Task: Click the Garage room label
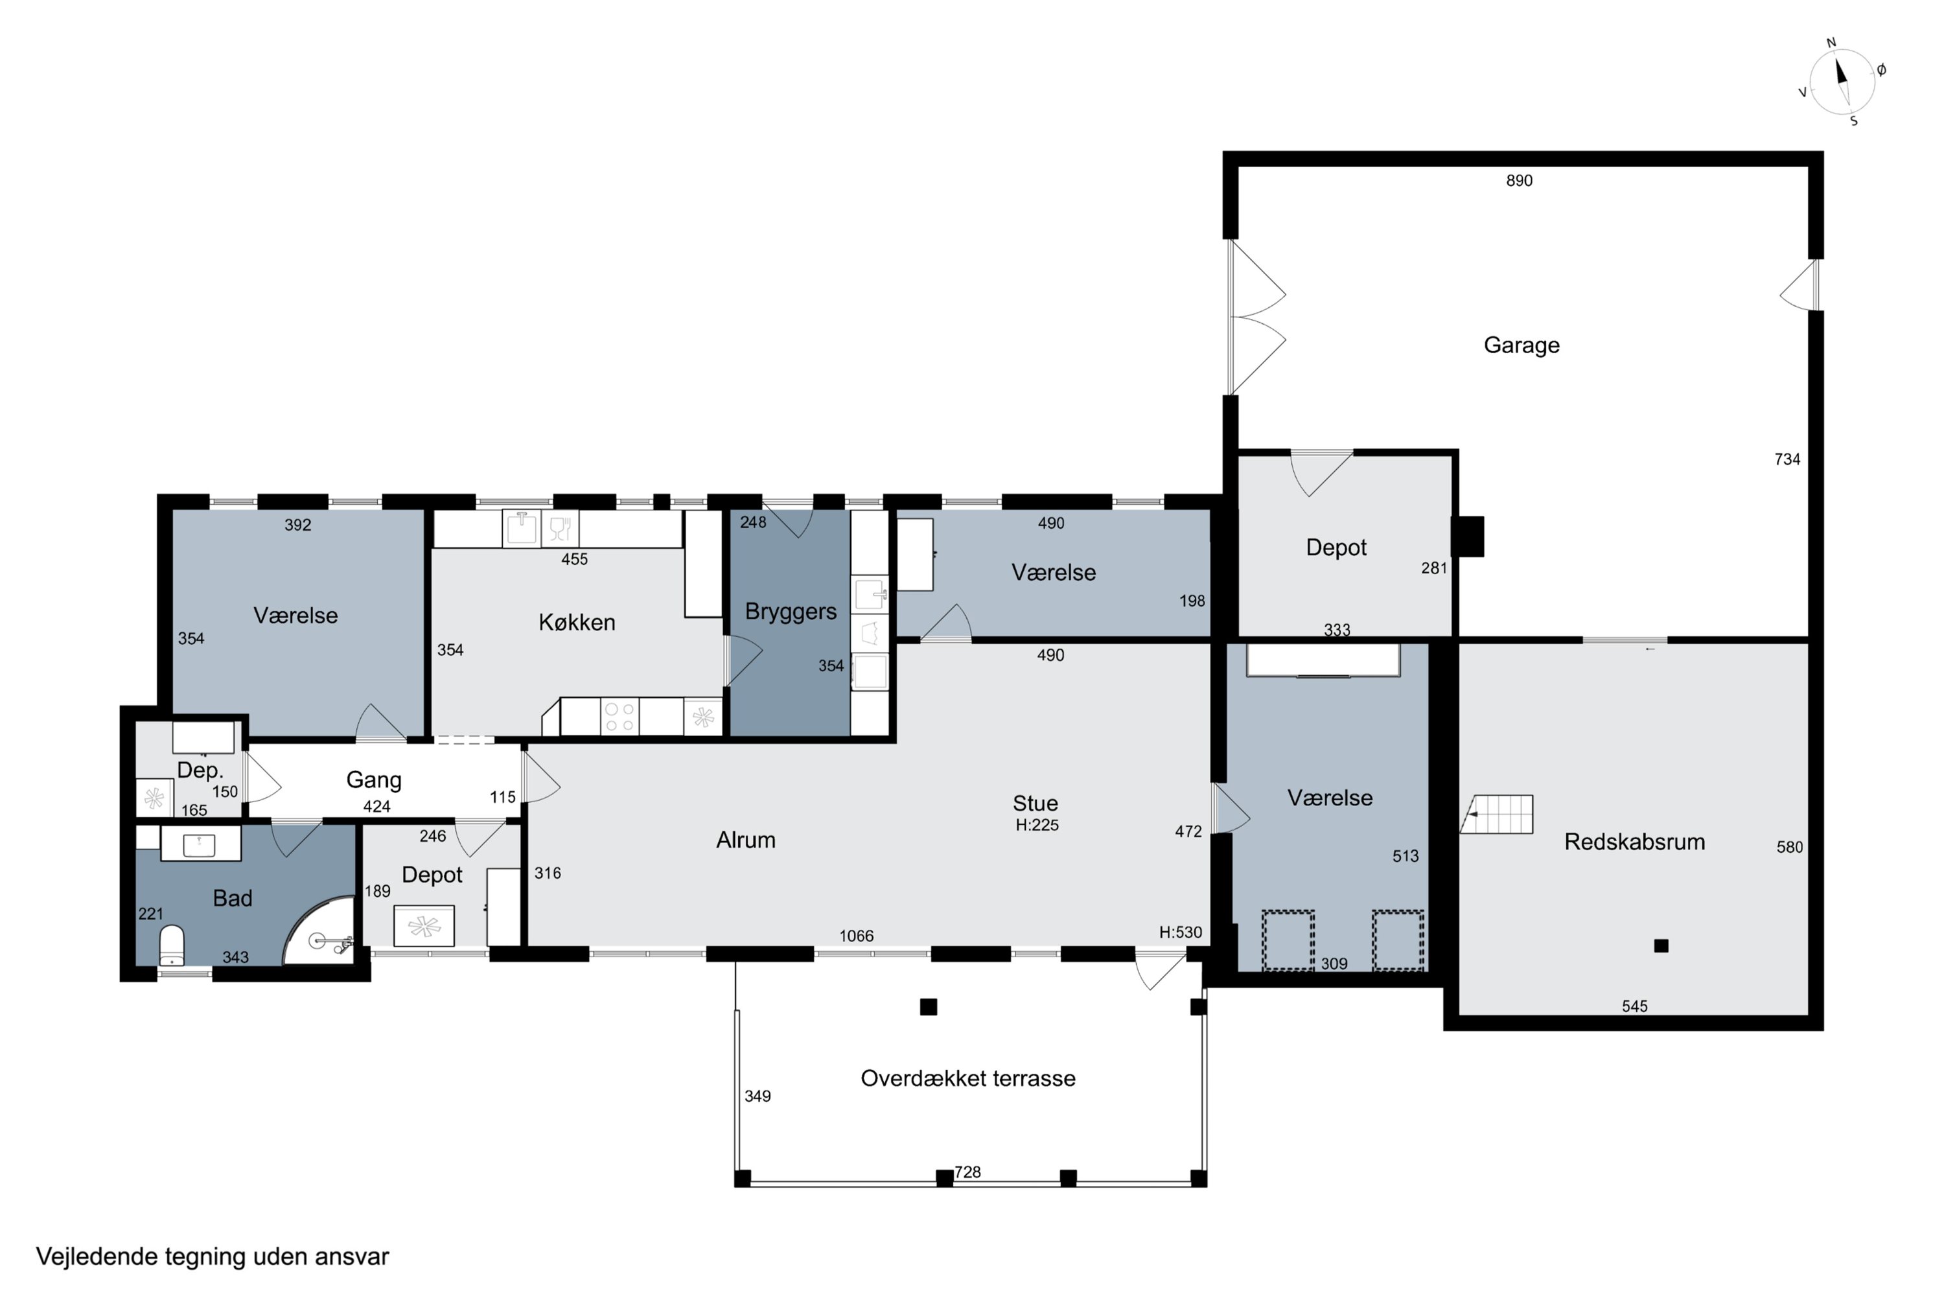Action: coord(1522,345)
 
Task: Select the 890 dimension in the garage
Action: coord(1519,180)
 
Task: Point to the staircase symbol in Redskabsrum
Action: coord(1497,814)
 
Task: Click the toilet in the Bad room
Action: coord(171,945)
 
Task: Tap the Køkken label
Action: coord(577,622)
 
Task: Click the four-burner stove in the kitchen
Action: coord(620,717)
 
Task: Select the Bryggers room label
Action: coord(791,612)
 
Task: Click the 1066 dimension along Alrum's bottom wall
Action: coord(856,936)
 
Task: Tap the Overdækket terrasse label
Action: coord(968,1079)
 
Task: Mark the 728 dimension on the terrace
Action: coord(968,1172)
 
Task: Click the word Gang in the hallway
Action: coord(374,780)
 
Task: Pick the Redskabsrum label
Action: coord(1635,842)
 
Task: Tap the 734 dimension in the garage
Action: coord(1787,459)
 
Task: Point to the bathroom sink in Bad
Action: coord(199,845)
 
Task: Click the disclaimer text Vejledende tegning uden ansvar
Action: coord(213,1257)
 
